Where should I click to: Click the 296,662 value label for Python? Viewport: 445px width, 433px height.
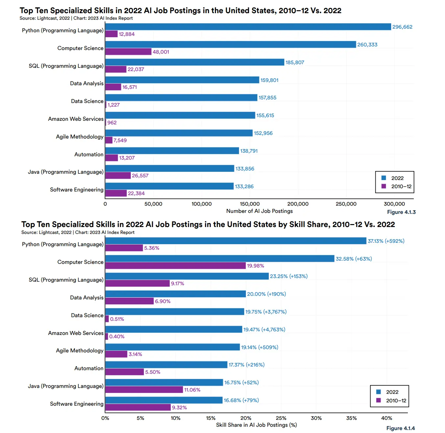tap(402, 27)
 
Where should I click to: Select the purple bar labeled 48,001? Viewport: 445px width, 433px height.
tap(128, 52)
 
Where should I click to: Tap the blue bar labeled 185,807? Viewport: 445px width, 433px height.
tap(195, 62)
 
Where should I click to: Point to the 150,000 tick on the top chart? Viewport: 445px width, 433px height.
tap(249, 204)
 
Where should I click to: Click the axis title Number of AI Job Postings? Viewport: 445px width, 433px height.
tap(259, 211)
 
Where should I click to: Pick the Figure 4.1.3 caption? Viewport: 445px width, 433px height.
tap(401, 212)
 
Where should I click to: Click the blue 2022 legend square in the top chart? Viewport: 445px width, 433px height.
tap(384, 178)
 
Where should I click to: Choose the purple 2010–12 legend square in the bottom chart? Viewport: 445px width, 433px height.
tap(378, 400)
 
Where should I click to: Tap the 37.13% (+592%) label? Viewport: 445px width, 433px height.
tap(386, 241)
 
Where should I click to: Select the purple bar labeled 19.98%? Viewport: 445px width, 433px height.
tap(175, 266)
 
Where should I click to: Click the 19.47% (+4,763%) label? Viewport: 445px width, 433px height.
tap(264, 330)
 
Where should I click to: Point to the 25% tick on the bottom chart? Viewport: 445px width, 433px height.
tap(281, 418)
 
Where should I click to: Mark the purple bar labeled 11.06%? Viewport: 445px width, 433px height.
tap(144, 390)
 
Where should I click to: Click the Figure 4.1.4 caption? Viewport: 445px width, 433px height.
tap(400, 428)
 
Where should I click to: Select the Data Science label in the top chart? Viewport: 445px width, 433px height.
tap(87, 101)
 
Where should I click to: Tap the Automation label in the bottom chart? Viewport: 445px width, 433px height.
tap(89, 369)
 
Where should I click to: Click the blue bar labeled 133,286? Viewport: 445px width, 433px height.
tap(169, 186)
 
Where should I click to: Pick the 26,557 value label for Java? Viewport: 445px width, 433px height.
tap(140, 176)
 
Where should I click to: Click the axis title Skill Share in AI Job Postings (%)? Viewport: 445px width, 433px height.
tap(256, 425)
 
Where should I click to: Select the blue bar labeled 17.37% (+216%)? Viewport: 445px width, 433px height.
tap(166, 365)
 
